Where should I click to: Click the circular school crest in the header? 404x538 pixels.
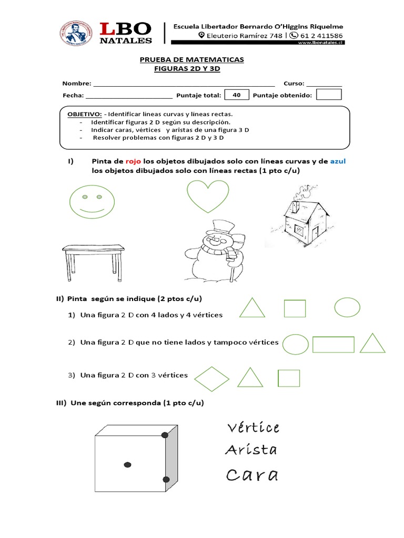tap(77, 36)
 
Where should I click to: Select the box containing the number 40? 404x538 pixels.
tap(236, 95)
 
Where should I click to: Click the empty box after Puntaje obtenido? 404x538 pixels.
tap(329, 95)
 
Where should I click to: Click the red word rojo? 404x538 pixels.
tap(133, 161)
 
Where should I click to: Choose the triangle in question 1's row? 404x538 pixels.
tap(252, 308)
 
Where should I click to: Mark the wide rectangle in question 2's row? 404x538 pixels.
tap(334, 345)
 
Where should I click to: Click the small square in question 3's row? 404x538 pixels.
tap(288, 378)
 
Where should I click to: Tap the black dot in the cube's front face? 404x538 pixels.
tap(127, 464)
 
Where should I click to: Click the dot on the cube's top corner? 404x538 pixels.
tap(165, 435)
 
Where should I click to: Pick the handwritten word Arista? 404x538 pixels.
tap(251, 450)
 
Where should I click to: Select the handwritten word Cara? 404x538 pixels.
tap(251, 475)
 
